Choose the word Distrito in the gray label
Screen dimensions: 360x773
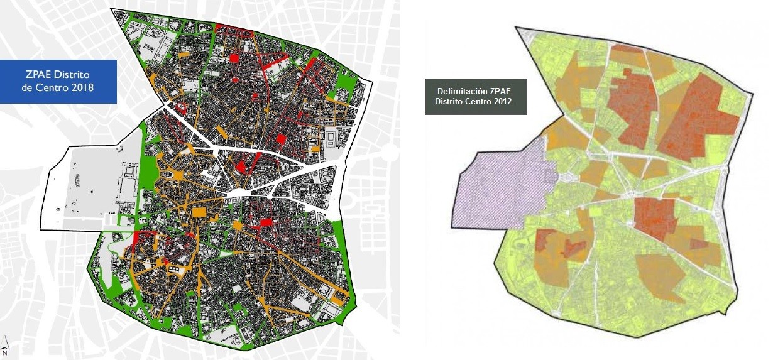[450, 101]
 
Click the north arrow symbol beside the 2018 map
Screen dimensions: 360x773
[5, 342]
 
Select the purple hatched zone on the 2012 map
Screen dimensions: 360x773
[503, 188]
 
